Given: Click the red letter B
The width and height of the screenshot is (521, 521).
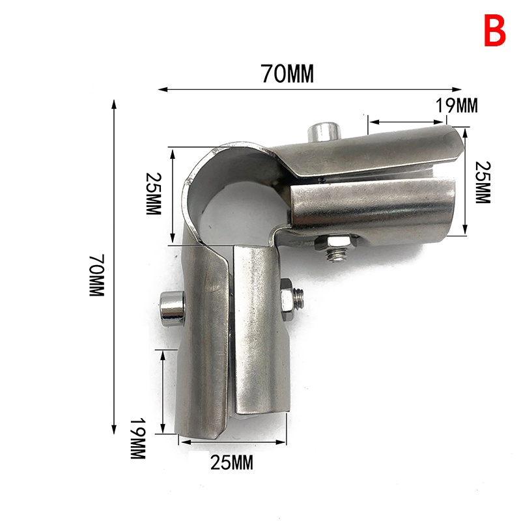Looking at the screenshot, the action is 494,30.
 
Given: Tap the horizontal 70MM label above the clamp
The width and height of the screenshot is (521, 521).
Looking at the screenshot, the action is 287,73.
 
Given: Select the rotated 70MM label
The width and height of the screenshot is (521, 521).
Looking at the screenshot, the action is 97,275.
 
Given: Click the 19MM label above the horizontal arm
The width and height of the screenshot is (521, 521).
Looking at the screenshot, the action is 457,106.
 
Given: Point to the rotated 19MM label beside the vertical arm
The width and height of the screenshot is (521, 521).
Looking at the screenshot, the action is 138,438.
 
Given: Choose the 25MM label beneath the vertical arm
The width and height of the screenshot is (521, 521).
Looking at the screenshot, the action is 232,462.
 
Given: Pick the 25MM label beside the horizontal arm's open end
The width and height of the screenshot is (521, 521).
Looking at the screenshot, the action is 483,182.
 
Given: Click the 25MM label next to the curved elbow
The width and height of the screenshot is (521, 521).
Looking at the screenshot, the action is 154,193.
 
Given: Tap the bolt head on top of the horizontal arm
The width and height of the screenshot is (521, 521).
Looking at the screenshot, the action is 324,132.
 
